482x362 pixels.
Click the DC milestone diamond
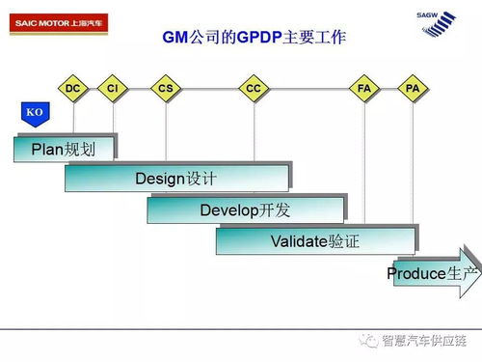click(x=73, y=89)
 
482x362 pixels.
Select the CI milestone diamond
click(x=113, y=89)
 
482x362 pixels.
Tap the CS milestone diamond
click(x=166, y=89)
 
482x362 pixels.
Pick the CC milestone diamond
click(x=254, y=89)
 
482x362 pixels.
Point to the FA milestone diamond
click(x=364, y=89)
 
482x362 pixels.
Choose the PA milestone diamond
click(x=413, y=89)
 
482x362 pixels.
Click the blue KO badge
click(x=35, y=114)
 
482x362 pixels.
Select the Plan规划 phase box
click(x=65, y=147)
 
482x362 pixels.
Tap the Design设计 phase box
click(x=176, y=178)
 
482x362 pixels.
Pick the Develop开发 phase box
click(x=246, y=209)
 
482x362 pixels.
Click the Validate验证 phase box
click(x=315, y=240)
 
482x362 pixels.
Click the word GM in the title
click(x=175, y=39)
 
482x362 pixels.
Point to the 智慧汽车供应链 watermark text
click(x=426, y=340)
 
